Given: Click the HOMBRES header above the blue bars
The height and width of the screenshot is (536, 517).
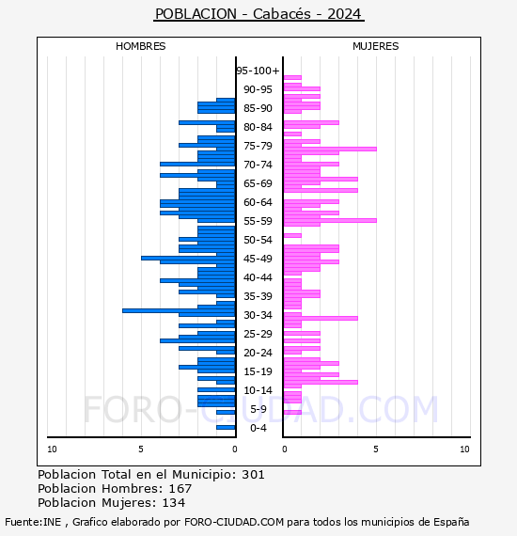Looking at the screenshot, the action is [x=140, y=46].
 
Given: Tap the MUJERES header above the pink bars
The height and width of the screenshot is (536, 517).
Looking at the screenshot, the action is [x=376, y=46].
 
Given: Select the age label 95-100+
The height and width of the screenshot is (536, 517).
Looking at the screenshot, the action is [x=258, y=71].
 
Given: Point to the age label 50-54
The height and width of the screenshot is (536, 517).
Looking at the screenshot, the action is [x=258, y=240].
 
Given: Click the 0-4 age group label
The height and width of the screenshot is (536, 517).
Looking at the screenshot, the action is [x=258, y=428].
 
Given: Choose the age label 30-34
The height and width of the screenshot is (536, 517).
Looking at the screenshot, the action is [x=258, y=315].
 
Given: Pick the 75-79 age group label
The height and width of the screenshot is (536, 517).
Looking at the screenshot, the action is [x=258, y=146].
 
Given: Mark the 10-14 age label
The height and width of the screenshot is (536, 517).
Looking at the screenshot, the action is [x=258, y=390].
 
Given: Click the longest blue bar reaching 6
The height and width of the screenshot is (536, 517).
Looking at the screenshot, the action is [x=179, y=310].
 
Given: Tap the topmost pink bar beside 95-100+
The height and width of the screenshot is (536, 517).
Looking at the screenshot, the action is [x=292, y=78].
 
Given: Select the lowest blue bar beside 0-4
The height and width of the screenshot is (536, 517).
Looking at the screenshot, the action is [x=226, y=427].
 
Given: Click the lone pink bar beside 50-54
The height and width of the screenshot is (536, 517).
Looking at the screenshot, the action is [x=292, y=235].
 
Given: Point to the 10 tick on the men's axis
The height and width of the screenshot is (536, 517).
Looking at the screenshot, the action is [x=52, y=449].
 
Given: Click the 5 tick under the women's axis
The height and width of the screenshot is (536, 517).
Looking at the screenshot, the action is [x=376, y=449].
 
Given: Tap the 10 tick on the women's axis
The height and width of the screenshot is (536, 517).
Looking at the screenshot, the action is [x=464, y=449].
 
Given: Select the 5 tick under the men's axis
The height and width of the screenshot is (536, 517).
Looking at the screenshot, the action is [x=141, y=449].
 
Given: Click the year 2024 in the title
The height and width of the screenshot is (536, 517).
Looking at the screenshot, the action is [x=344, y=14].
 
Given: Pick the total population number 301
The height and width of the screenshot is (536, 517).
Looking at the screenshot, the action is [x=253, y=475].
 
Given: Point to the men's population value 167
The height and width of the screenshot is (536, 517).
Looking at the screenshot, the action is [x=180, y=488].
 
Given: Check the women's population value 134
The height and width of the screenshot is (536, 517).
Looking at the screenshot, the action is [x=174, y=502].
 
